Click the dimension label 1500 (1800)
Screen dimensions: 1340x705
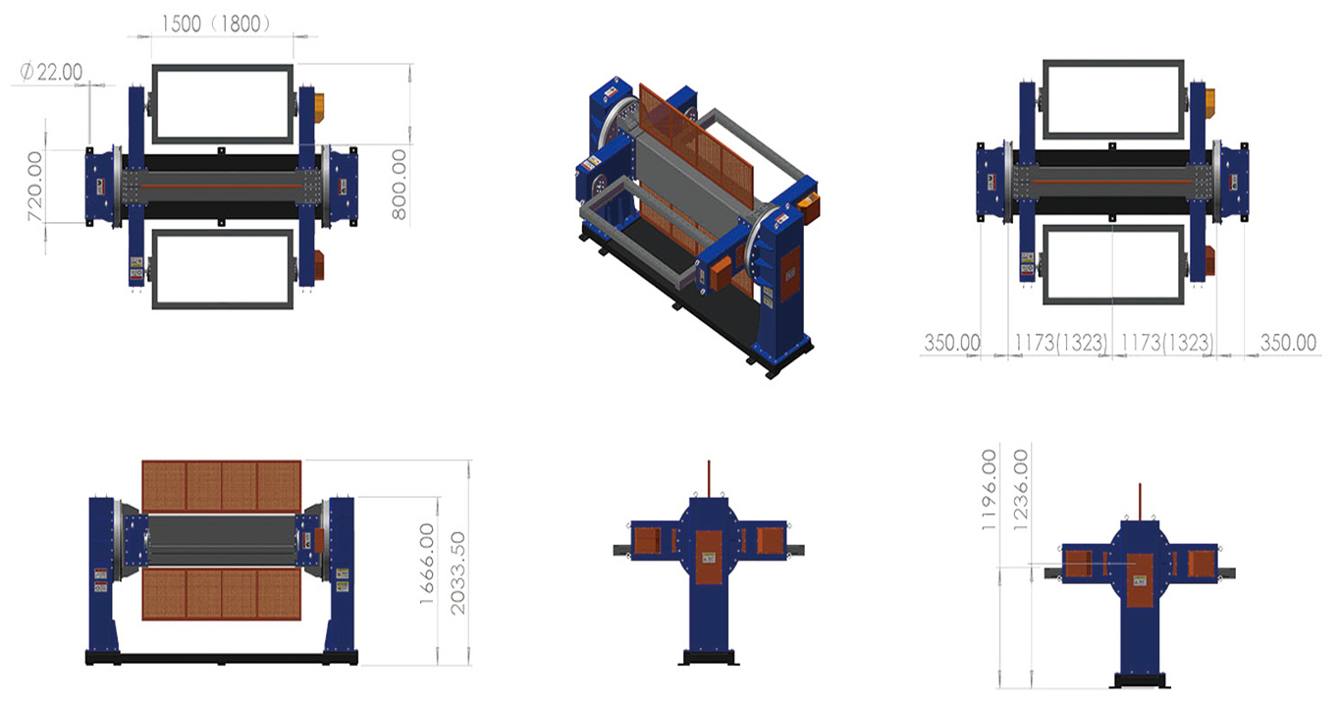click(x=216, y=24)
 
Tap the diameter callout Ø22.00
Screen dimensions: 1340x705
click(x=51, y=73)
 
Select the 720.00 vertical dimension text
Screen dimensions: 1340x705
click(x=35, y=187)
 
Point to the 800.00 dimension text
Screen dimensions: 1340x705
click(x=399, y=185)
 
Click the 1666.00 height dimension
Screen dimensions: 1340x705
click(x=426, y=564)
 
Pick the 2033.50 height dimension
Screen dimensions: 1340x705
click(x=457, y=573)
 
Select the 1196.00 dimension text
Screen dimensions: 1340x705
click(x=990, y=490)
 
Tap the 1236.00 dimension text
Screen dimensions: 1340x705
click(x=1021, y=490)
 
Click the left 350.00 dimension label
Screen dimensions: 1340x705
click(x=952, y=343)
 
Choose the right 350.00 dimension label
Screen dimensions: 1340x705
click(x=1289, y=343)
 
